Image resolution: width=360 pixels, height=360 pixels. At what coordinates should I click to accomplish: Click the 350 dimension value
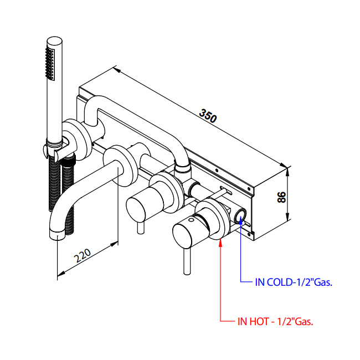click(208, 117)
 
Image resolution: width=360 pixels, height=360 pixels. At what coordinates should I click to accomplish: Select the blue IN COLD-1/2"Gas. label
click(294, 282)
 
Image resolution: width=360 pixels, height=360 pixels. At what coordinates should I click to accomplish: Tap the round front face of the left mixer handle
click(137, 208)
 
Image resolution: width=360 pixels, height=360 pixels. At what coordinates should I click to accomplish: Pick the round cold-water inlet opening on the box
click(241, 215)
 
